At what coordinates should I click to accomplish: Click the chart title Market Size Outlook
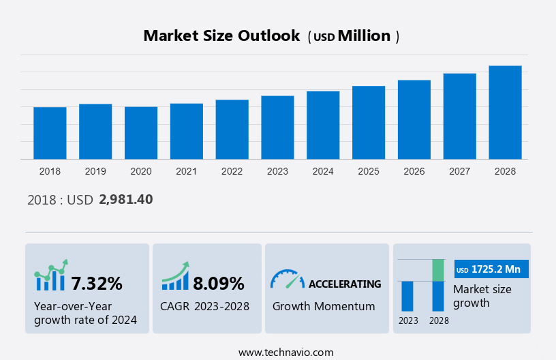tap(221, 36)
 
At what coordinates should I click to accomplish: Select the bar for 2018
tap(50, 133)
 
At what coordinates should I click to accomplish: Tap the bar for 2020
tap(141, 133)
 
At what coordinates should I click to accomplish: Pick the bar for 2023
tap(277, 127)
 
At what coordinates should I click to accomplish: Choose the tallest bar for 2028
tap(505, 112)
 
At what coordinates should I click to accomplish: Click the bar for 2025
tap(369, 123)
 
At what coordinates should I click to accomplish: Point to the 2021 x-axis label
tap(187, 171)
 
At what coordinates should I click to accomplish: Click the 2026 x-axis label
tap(414, 171)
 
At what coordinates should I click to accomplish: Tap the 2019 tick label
tap(95, 171)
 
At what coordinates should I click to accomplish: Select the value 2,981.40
tap(125, 200)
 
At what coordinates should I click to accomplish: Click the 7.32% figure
tap(97, 283)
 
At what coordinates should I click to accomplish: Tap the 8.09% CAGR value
tap(218, 283)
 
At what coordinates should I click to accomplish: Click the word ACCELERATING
tap(345, 284)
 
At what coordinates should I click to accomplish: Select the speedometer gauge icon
tap(287, 278)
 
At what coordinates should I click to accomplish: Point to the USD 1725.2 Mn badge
tap(491, 269)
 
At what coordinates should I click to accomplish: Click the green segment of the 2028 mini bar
tap(438, 270)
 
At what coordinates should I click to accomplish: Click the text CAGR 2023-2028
tap(204, 306)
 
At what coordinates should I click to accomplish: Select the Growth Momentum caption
tap(324, 306)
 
